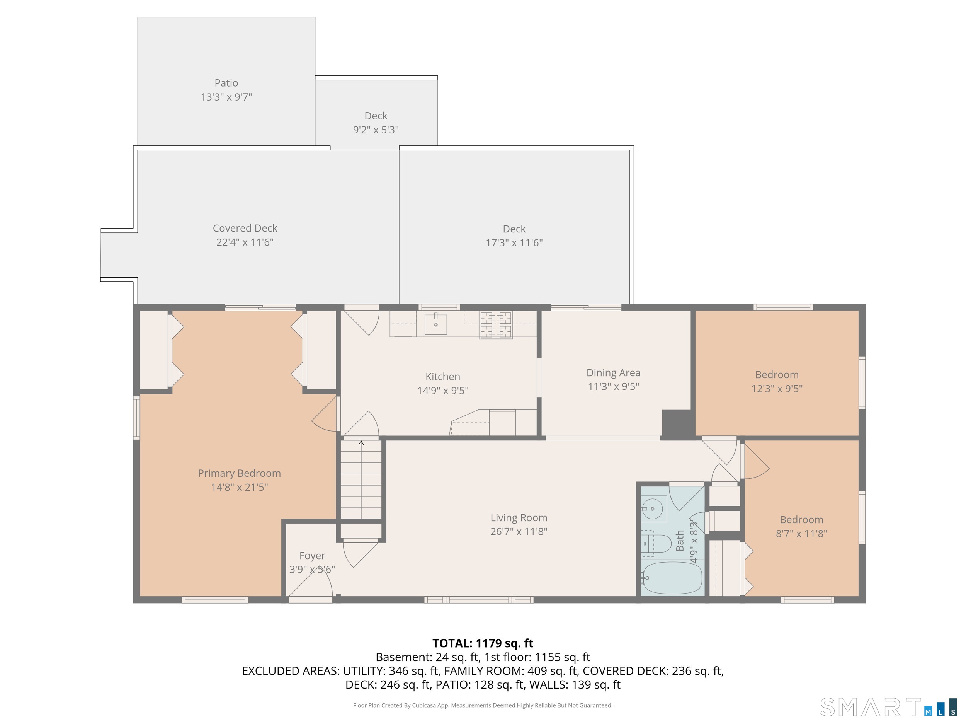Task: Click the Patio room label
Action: pos(226,83)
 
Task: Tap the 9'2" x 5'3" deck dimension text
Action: pos(376,130)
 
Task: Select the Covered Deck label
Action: pos(245,228)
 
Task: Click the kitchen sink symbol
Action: pos(435,324)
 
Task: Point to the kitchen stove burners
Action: pos(496,325)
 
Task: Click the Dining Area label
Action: pos(613,373)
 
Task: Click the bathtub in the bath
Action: pos(673,578)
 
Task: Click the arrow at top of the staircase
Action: pos(361,443)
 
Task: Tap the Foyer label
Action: pos(312,555)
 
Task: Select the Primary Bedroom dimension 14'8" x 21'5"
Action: pos(239,487)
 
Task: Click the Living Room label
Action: pos(519,518)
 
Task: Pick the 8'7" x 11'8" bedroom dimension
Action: pos(801,534)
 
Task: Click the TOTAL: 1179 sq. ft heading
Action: pos(483,643)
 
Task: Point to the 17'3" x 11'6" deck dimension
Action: pos(514,243)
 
